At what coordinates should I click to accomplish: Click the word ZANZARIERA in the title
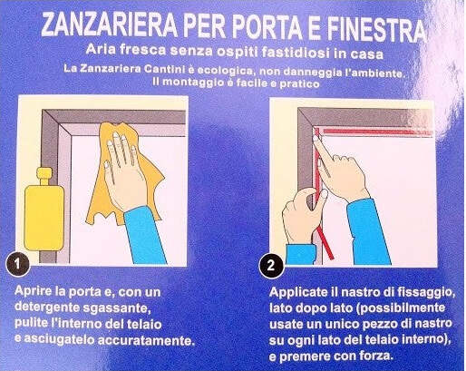click(109, 24)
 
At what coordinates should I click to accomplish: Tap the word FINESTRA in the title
click(377, 29)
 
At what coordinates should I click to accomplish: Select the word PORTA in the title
click(267, 27)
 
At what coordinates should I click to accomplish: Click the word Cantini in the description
click(164, 69)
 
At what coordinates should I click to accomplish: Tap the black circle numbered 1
click(17, 264)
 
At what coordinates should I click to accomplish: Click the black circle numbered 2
click(271, 266)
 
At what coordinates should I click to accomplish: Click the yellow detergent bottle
click(44, 210)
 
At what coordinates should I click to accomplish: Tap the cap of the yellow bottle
click(44, 175)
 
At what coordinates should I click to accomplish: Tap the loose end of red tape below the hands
click(325, 243)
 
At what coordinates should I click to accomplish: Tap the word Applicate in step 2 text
click(298, 293)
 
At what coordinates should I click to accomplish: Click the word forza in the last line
click(376, 356)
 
